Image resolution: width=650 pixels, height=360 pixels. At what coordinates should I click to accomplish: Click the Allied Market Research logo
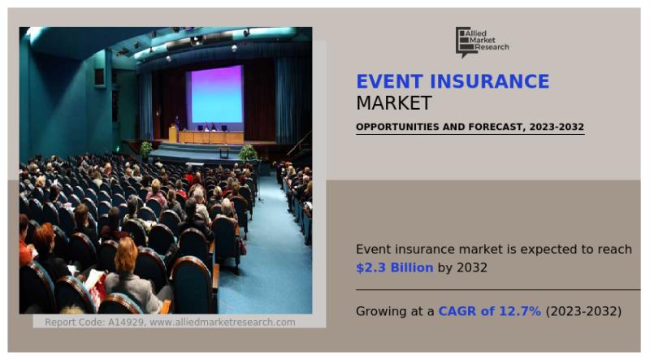482,41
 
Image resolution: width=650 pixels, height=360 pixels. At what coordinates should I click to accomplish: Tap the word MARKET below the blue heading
394,103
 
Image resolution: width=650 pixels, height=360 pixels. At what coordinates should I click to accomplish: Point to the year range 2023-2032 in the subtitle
553,128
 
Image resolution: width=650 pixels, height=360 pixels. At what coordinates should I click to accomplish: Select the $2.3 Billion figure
394,268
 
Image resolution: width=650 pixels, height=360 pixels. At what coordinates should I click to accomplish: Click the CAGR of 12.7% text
489,311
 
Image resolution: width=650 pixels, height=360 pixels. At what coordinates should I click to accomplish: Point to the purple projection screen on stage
216,94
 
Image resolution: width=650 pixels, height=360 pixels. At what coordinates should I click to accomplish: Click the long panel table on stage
210,137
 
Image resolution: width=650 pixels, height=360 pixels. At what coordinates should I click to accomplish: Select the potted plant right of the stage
249,152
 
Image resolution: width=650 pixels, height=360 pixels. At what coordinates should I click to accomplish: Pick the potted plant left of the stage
146,150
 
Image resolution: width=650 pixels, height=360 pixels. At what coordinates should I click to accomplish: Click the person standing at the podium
176,124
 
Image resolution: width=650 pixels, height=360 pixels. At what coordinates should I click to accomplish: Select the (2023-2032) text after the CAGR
583,311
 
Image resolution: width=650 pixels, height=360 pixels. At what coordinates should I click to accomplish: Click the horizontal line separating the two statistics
497,290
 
